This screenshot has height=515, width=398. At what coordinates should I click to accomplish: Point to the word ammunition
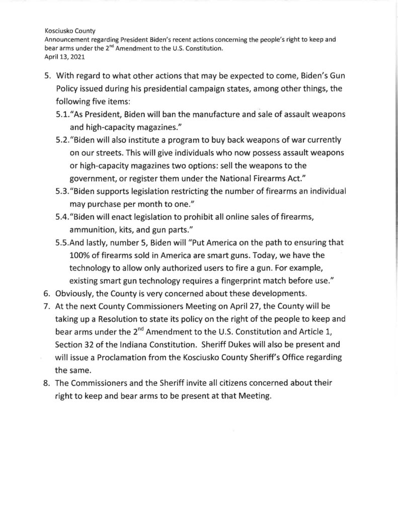[x=93, y=228]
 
